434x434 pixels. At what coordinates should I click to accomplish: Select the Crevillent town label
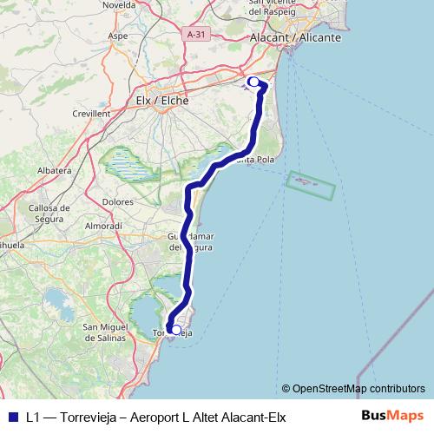tap(90, 113)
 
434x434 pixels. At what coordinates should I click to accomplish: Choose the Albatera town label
tap(53, 171)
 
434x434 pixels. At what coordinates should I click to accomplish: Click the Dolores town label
tap(117, 201)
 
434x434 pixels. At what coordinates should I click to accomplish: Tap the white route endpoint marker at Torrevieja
tap(176, 330)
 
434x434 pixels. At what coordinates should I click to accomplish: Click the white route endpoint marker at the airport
tap(253, 82)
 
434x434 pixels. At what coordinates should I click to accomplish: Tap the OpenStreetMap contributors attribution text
tap(353, 388)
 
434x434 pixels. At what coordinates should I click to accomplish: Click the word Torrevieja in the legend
tap(96, 417)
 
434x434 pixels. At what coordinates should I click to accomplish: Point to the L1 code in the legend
tap(33, 417)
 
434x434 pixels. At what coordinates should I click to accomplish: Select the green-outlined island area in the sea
tap(310, 185)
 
